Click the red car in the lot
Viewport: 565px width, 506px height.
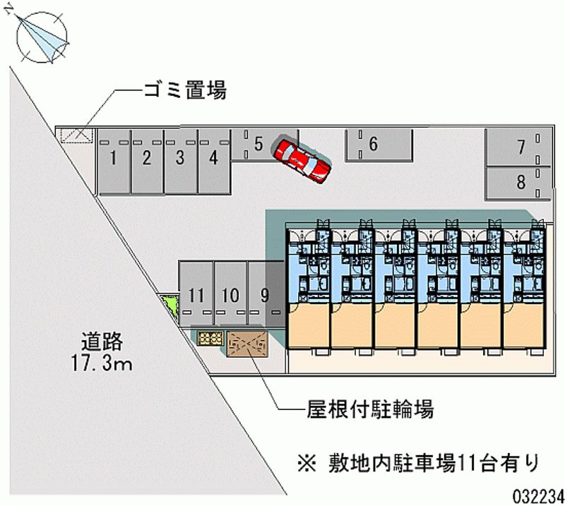coord(302,160)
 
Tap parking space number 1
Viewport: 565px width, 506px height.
coord(113,161)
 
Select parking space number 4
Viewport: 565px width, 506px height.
coord(213,161)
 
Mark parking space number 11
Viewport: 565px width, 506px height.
coord(196,295)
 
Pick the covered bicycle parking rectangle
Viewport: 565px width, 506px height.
coord(248,344)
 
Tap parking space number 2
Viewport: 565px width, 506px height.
coord(147,161)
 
